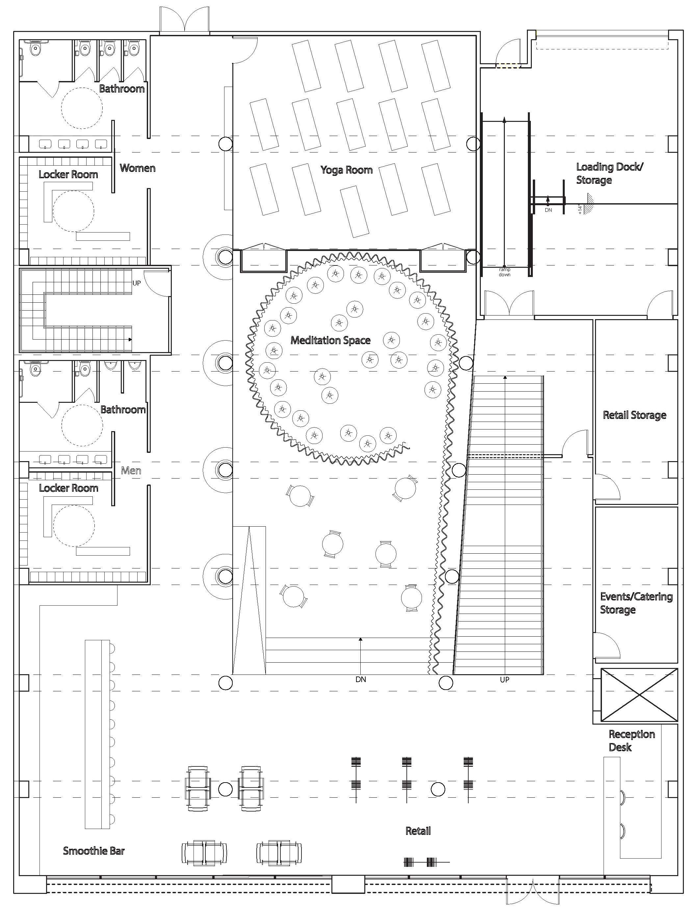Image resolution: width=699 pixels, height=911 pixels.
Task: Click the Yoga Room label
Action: pyautogui.click(x=346, y=170)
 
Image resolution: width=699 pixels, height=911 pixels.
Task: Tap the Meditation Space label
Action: pyautogui.click(x=330, y=340)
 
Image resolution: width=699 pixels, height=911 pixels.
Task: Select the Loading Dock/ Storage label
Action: pyautogui.click(x=609, y=173)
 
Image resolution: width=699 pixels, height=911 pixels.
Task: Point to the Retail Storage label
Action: pyautogui.click(x=634, y=415)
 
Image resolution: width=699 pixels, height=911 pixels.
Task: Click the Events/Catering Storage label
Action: pyautogui.click(x=636, y=603)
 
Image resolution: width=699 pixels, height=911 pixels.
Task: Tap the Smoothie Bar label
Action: pyautogui.click(x=93, y=851)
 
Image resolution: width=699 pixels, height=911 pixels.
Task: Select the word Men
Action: pyautogui.click(x=131, y=471)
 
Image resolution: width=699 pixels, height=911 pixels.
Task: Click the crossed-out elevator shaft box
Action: pyautogui.click(x=639, y=695)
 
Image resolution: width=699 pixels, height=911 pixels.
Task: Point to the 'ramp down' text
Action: pyautogui.click(x=504, y=272)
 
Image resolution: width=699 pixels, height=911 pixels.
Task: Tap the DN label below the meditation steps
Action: pyautogui.click(x=361, y=679)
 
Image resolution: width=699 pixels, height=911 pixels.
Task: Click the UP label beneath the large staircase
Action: pyautogui.click(x=504, y=679)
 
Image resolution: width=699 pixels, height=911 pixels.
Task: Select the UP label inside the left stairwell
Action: pyautogui.click(x=137, y=283)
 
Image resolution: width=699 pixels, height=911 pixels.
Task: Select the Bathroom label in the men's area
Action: pyautogui.click(x=123, y=409)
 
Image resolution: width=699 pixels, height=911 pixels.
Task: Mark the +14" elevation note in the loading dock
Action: pyautogui.click(x=580, y=209)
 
